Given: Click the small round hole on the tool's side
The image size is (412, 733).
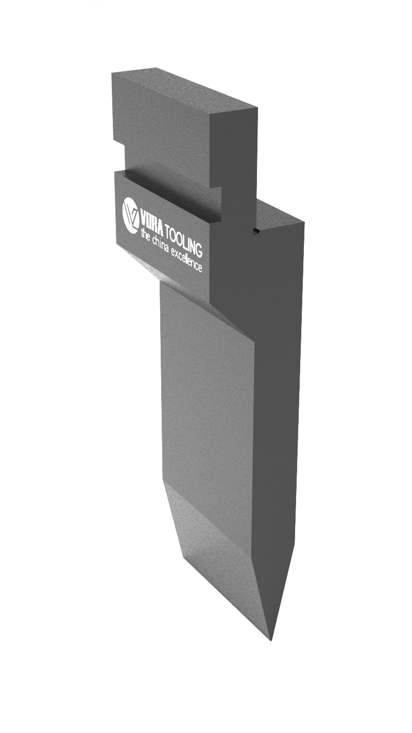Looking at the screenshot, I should tap(256, 230).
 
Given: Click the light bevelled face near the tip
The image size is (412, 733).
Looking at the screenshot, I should tap(221, 546).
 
